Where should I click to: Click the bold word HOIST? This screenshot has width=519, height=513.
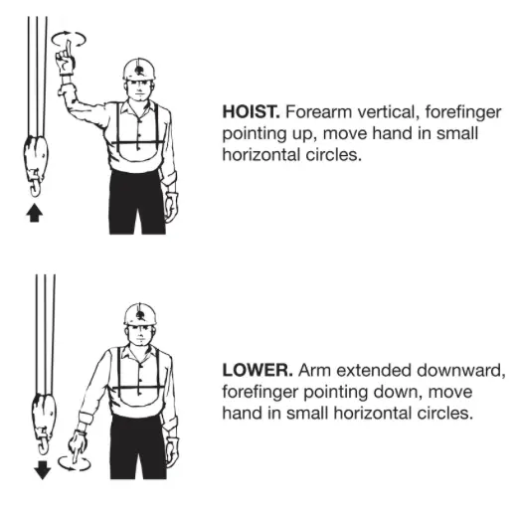pos(251,111)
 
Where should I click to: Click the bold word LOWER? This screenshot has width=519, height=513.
pos(258,370)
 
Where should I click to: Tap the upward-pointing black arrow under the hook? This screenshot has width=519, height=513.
pos(35,213)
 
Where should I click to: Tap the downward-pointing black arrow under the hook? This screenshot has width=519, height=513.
pos(43,470)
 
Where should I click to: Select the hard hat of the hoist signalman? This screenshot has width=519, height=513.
pos(139,69)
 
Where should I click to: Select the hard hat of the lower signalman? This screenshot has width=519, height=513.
pos(140,314)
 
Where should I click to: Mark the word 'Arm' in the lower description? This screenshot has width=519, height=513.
pos(314,370)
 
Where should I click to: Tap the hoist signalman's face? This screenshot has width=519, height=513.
pos(139,88)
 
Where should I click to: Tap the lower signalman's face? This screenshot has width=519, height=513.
pos(140,335)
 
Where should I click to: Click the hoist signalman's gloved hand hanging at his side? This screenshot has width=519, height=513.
pos(171,207)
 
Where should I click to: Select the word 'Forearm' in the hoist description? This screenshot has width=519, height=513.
pos(318,111)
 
